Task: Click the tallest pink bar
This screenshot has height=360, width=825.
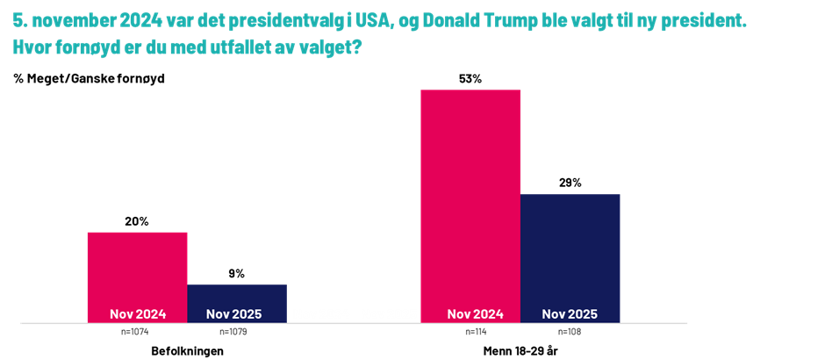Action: [470, 193]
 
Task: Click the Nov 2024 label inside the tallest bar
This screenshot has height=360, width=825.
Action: [475, 314]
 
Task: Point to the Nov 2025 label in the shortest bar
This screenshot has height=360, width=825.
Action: [233, 314]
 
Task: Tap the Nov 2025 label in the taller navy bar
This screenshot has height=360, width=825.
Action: [570, 314]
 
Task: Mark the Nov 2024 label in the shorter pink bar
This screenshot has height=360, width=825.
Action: [137, 314]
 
